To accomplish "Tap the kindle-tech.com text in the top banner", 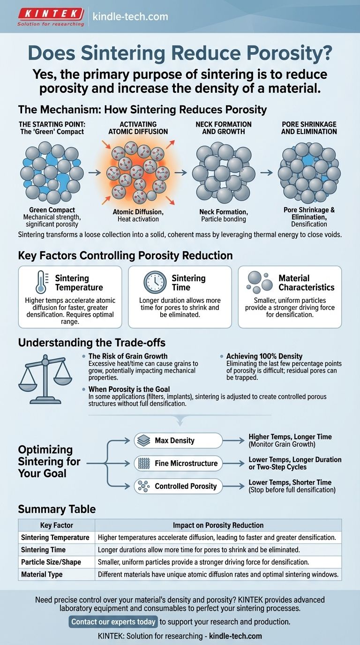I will tap(130, 17).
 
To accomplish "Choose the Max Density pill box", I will tap(178, 441).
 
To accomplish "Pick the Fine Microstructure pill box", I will tap(178, 464).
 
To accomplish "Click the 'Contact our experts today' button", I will tap(113, 622).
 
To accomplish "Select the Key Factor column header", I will tap(56, 525).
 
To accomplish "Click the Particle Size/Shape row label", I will tap(51, 562).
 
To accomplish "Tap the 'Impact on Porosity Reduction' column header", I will tap(218, 525).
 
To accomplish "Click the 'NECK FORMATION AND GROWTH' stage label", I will tap(224, 128).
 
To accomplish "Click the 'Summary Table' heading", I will tap(57, 509).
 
